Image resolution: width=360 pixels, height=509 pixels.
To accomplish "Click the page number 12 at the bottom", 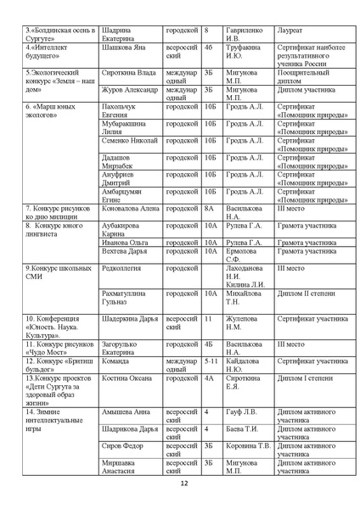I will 184,484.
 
